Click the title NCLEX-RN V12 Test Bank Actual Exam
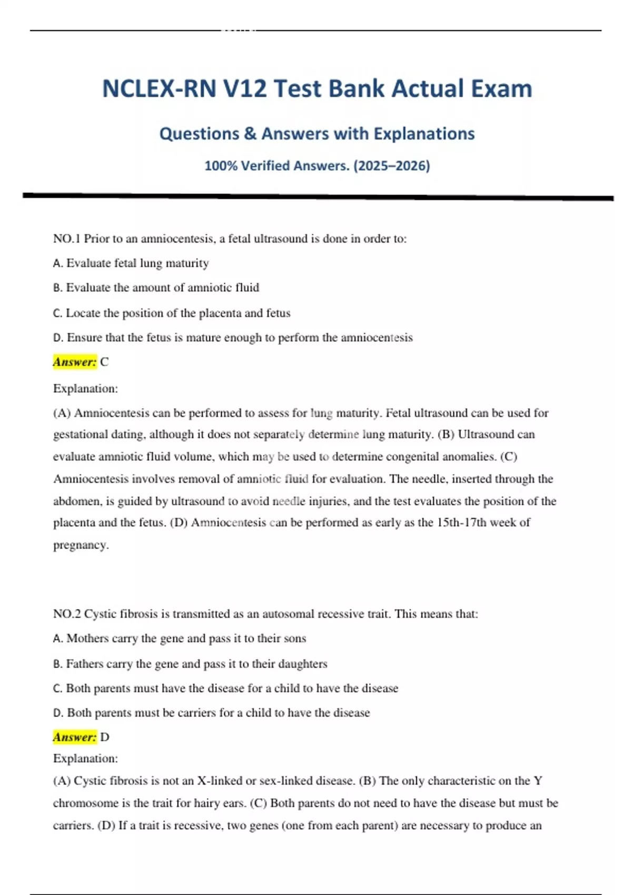pos(317,88)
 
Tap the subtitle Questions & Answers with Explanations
pos(317,134)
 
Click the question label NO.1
pos(66,238)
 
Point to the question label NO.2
pos(66,614)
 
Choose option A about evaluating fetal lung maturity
pos(131,263)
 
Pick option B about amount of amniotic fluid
pos(156,287)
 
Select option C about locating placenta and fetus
pos(172,313)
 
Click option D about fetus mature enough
pos(233,337)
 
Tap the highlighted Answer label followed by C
pos(75,362)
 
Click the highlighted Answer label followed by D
pos(75,737)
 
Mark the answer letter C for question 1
pos(104,362)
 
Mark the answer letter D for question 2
pos(104,737)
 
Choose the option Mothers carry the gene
pos(180,638)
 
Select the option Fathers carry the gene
pos(190,663)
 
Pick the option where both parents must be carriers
pos(212,712)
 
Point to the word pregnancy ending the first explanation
pos(81,545)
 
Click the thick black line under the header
pos(318,196)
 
